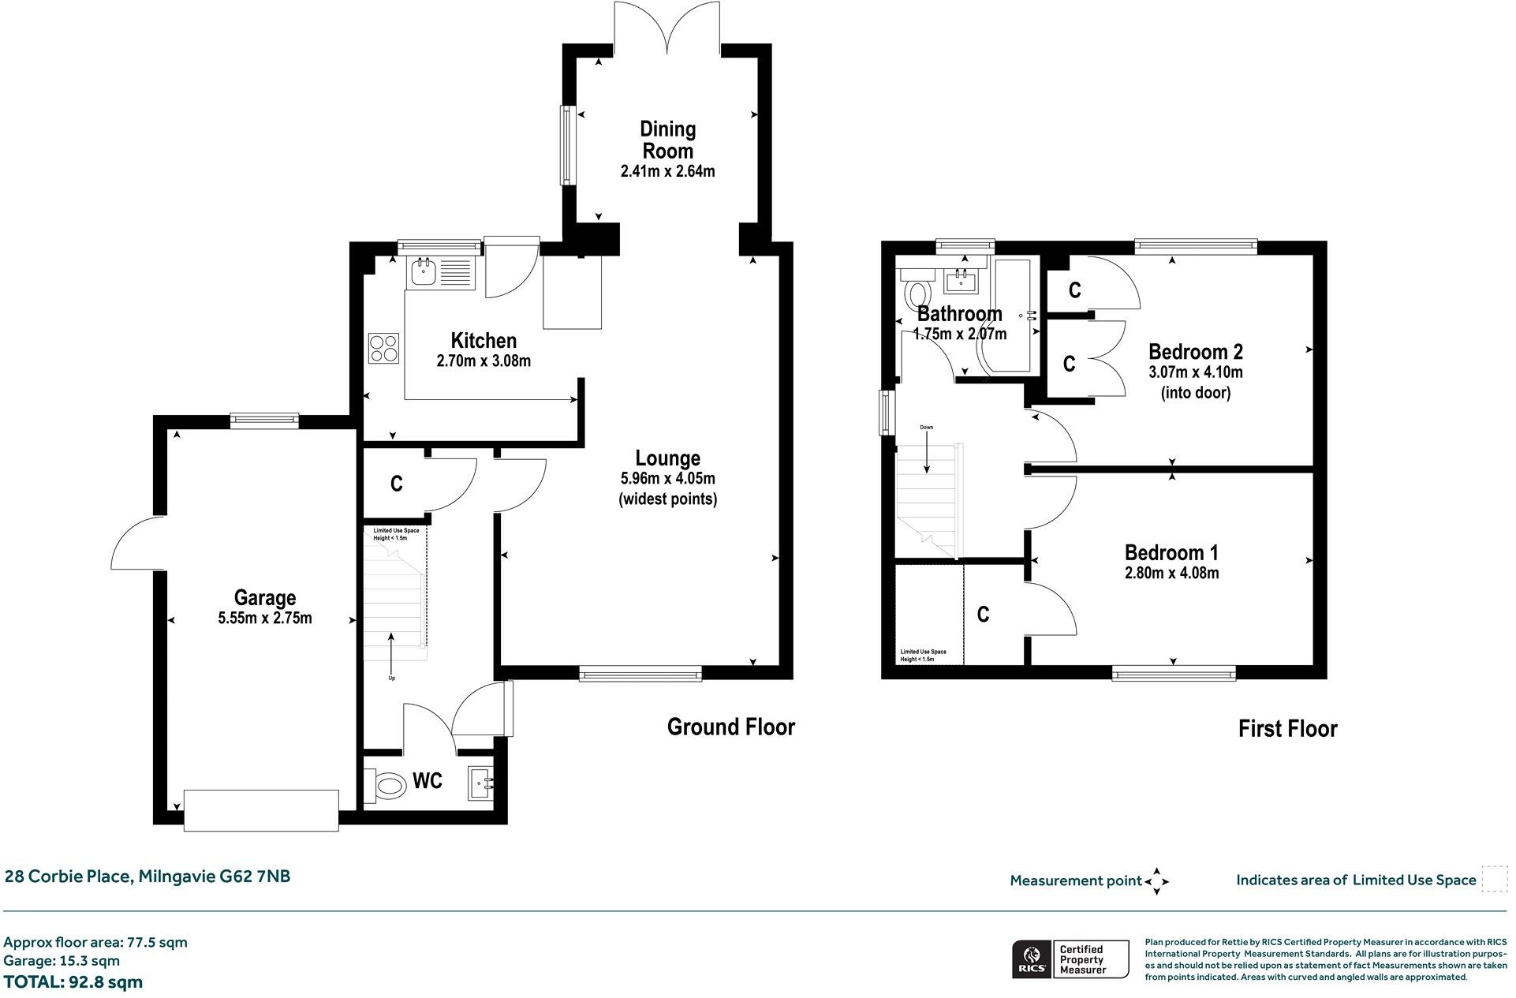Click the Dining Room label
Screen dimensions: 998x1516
point(667,140)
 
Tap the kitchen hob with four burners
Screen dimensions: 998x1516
point(383,348)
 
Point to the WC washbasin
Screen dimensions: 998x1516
point(481,783)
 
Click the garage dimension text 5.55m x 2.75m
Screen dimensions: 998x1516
point(265,619)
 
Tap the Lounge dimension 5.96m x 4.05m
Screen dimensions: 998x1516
point(667,479)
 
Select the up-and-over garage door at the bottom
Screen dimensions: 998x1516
point(261,809)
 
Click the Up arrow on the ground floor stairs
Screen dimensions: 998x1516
point(391,651)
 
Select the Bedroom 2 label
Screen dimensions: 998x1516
point(1195,352)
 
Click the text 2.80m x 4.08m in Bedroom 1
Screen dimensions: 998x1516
point(1171,574)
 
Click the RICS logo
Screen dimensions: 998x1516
point(1030,959)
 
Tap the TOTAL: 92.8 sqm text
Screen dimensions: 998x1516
point(73,982)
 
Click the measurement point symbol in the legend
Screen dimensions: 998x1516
point(1156,881)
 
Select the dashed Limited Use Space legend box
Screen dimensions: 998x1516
point(1494,879)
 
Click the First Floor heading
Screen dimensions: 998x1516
point(1287,728)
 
